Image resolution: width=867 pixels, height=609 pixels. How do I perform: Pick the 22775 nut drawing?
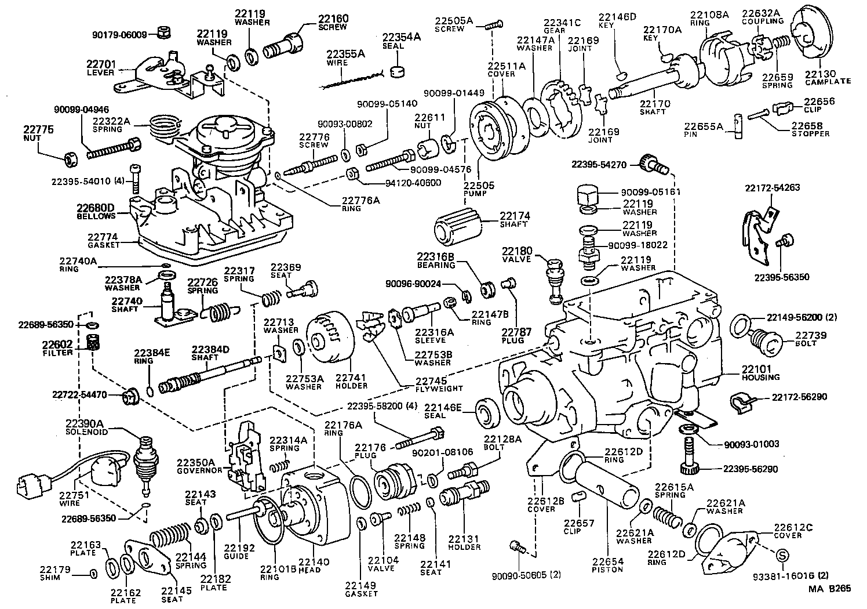point(71,157)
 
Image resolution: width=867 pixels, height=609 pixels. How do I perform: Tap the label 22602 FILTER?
point(57,348)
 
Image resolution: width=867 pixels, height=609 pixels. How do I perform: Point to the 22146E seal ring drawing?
point(485,411)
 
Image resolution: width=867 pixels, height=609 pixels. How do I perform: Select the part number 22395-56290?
point(751,469)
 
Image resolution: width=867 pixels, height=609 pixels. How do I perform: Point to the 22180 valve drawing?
point(554,280)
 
